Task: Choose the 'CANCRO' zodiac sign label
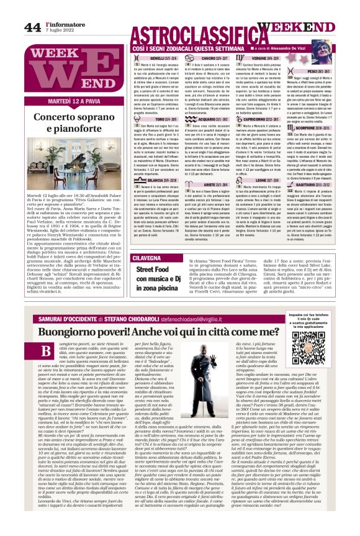[x=212, y=58]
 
